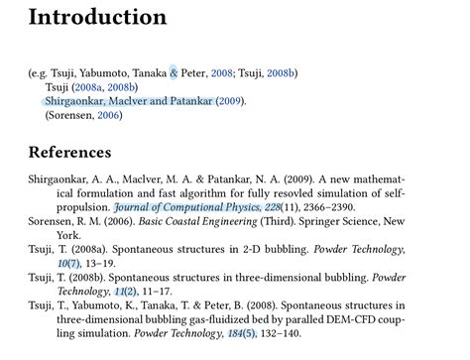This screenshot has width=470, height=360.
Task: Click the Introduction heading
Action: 97,18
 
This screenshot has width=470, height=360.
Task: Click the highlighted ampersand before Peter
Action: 174,72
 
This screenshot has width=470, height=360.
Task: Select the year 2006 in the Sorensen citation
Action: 108,115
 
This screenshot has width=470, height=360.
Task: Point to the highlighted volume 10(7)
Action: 68,264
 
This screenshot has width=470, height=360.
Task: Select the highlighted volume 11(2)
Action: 124,292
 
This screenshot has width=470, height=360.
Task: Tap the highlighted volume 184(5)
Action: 242,334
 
